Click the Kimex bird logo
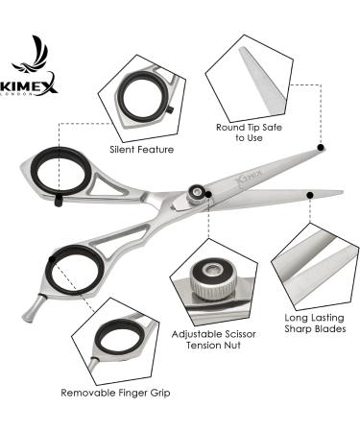click(31, 55)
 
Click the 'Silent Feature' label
click(142, 150)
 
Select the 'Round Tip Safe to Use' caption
click(249, 132)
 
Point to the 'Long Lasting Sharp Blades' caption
click(315, 324)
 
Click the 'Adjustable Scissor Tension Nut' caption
click(213, 340)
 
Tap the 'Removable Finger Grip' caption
click(115, 393)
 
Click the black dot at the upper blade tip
click(321, 148)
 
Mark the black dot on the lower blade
click(309, 195)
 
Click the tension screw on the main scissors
click(196, 193)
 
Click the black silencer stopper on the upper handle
click(59, 201)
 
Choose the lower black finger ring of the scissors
click(75, 270)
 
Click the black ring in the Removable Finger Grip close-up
click(118, 335)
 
